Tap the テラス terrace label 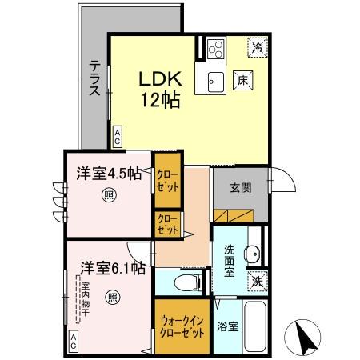point(95,78)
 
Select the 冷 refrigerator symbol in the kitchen point(257,47)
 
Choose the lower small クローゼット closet point(166,224)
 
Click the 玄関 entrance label point(240,188)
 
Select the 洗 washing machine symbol point(256,281)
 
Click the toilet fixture point(181,282)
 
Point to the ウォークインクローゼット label point(182,326)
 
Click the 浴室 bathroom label point(227,327)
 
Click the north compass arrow point(306,336)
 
